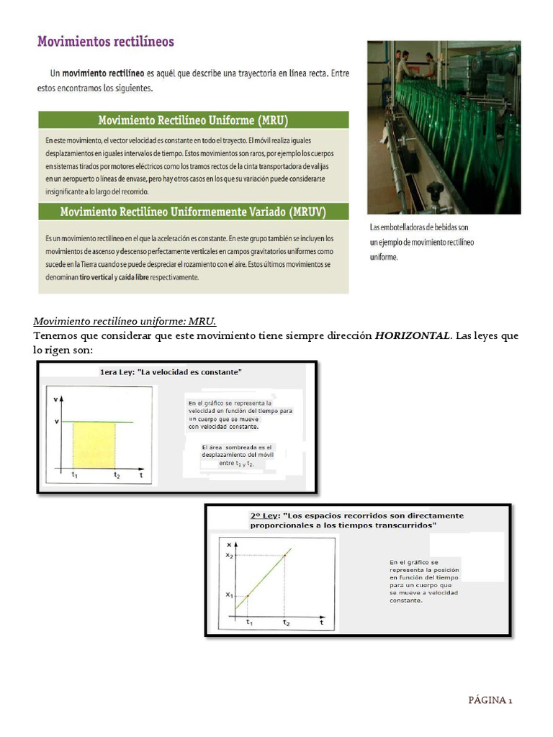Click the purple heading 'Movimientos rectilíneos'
click(x=105, y=42)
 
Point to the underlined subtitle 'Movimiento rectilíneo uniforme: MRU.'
click(x=125, y=320)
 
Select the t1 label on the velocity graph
click(x=74, y=475)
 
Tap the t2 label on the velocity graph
click(x=117, y=475)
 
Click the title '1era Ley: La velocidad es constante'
click(x=171, y=372)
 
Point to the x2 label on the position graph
click(x=229, y=554)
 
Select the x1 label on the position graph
click(x=229, y=595)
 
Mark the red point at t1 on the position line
click(x=248, y=595)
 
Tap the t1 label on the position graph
click(x=249, y=622)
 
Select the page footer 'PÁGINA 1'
click(x=490, y=700)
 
